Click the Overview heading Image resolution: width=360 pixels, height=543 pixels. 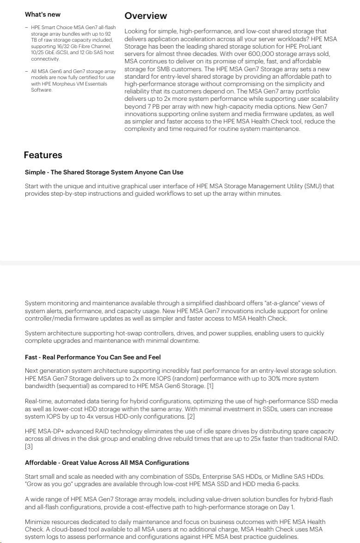click(x=146, y=16)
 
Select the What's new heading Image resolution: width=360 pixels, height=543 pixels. click(x=43, y=14)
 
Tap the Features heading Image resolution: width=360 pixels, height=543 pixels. click(x=43, y=155)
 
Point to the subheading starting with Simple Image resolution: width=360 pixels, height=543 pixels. click(x=104, y=172)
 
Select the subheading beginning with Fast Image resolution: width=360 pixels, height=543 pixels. click(x=93, y=357)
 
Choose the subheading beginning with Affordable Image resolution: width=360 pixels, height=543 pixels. click(x=107, y=463)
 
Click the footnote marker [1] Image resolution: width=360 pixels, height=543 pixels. click(x=210, y=386)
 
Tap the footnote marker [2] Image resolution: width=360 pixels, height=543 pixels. click(x=191, y=416)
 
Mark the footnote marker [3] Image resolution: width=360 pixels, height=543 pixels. click(x=28, y=446)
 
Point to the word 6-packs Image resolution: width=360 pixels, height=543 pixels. click(x=287, y=484)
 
